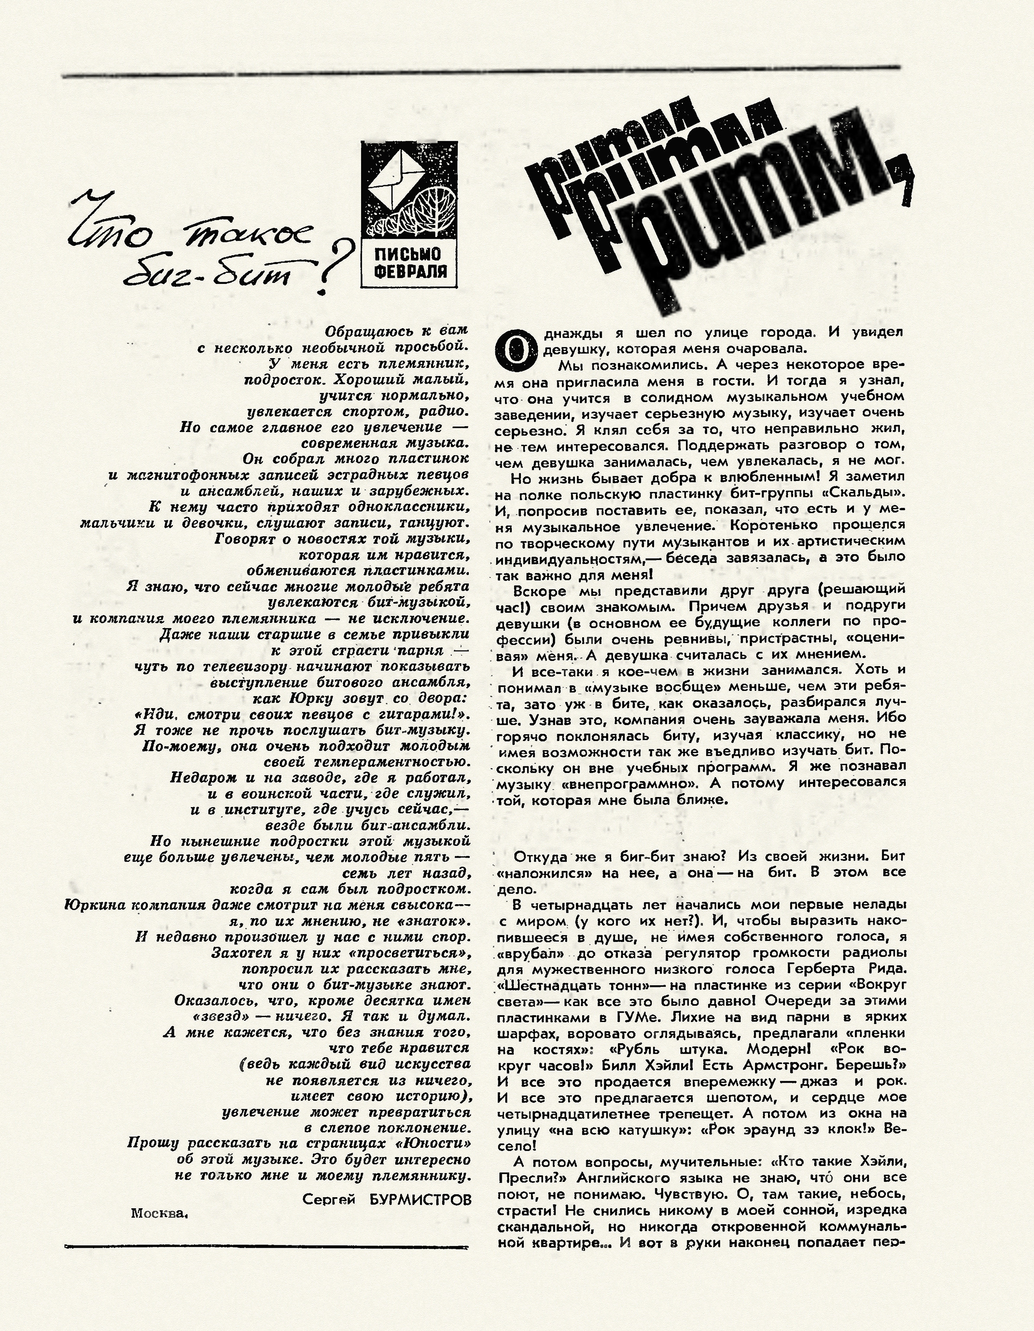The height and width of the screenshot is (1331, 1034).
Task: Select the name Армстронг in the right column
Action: (x=800, y=1064)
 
